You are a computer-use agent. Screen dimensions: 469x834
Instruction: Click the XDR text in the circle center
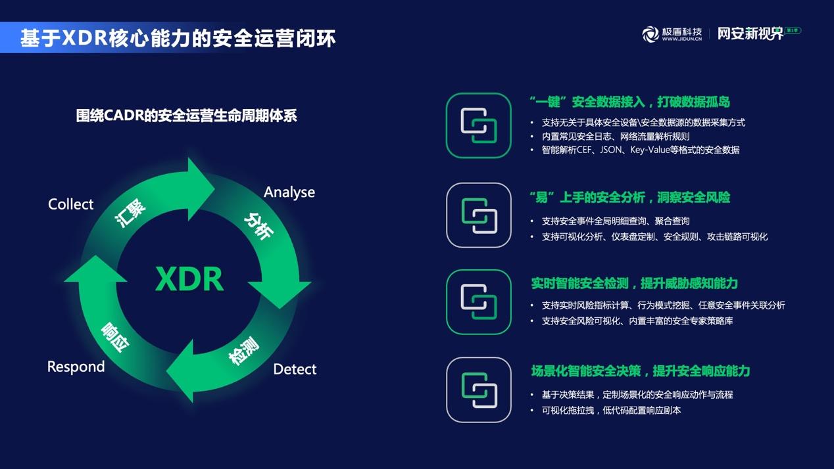pos(189,279)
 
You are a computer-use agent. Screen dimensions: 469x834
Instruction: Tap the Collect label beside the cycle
pos(71,204)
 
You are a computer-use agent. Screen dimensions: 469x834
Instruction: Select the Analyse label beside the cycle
pos(289,192)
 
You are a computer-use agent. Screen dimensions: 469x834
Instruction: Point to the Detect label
pos(295,369)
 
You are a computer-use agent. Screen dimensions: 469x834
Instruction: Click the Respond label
pos(76,367)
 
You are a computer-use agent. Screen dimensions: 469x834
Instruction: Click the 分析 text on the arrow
pos(258,225)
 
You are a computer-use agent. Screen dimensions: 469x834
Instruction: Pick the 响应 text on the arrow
pos(116,336)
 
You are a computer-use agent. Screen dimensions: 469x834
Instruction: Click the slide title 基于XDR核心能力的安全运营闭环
pos(178,37)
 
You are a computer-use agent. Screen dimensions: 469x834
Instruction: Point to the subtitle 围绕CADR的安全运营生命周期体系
pos(187,116)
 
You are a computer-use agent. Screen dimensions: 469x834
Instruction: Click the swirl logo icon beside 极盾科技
pos(650,34)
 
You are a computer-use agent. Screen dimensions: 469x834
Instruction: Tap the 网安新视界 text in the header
pos(750,33)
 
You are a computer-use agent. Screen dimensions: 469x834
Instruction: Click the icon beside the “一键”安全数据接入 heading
pos(478,125)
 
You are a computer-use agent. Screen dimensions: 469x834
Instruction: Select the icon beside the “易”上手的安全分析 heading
pos(478,215)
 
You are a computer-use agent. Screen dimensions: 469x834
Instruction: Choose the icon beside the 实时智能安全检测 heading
pos(478,301)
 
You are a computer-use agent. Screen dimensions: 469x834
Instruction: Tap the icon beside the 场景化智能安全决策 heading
pos(478,390)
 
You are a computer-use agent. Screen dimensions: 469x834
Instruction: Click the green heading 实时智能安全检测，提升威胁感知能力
pos(634,283)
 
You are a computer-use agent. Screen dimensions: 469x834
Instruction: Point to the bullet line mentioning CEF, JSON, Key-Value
pos(640,150)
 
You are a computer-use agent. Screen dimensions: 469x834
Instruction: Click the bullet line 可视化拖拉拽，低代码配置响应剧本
pos(611,410)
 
